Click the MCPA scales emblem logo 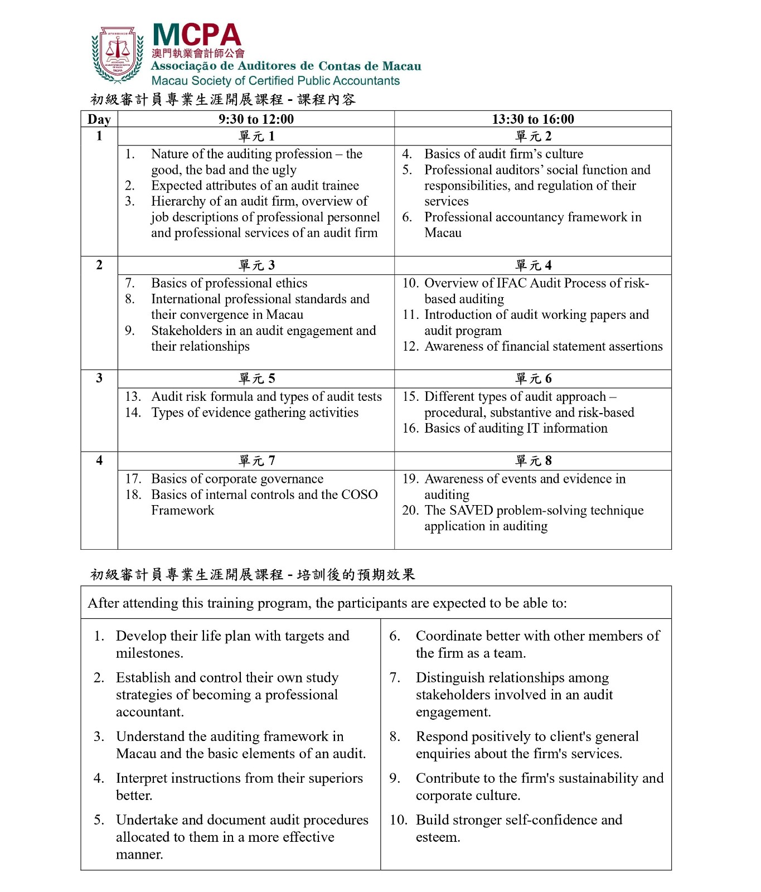click(117, 54)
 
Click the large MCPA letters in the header click(196, 35)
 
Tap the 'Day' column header click(99, 119)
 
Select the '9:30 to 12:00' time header click(256, 119)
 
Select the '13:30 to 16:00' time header click(532, 119)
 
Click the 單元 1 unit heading click(256, 137)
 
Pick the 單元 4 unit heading click(533, 265)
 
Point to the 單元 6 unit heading click(533, 379)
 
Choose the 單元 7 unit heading click(256, 461)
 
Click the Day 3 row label click(99, 378)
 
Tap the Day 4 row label click(99, 460)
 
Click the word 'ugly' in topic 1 click(284, 170)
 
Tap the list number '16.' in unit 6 click(411, 429)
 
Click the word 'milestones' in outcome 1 click(148, 653)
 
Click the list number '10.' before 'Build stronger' click(398, 820)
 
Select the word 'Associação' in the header click(184, 66)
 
